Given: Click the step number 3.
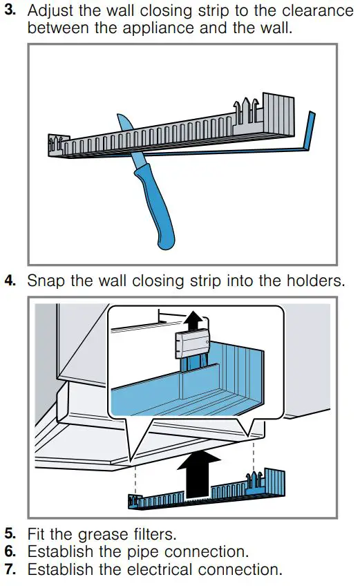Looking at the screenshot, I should pyautogui.click(x=9, y=12).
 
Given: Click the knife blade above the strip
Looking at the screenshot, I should pyautogui.click(x=124, y=124).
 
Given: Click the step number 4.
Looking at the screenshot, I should pyautogui.click(x=9, y=281).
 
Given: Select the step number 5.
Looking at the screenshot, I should pyautogui.click(x=9, y=534).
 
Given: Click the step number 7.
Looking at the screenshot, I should pyautogui.click(x=9, y=570).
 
